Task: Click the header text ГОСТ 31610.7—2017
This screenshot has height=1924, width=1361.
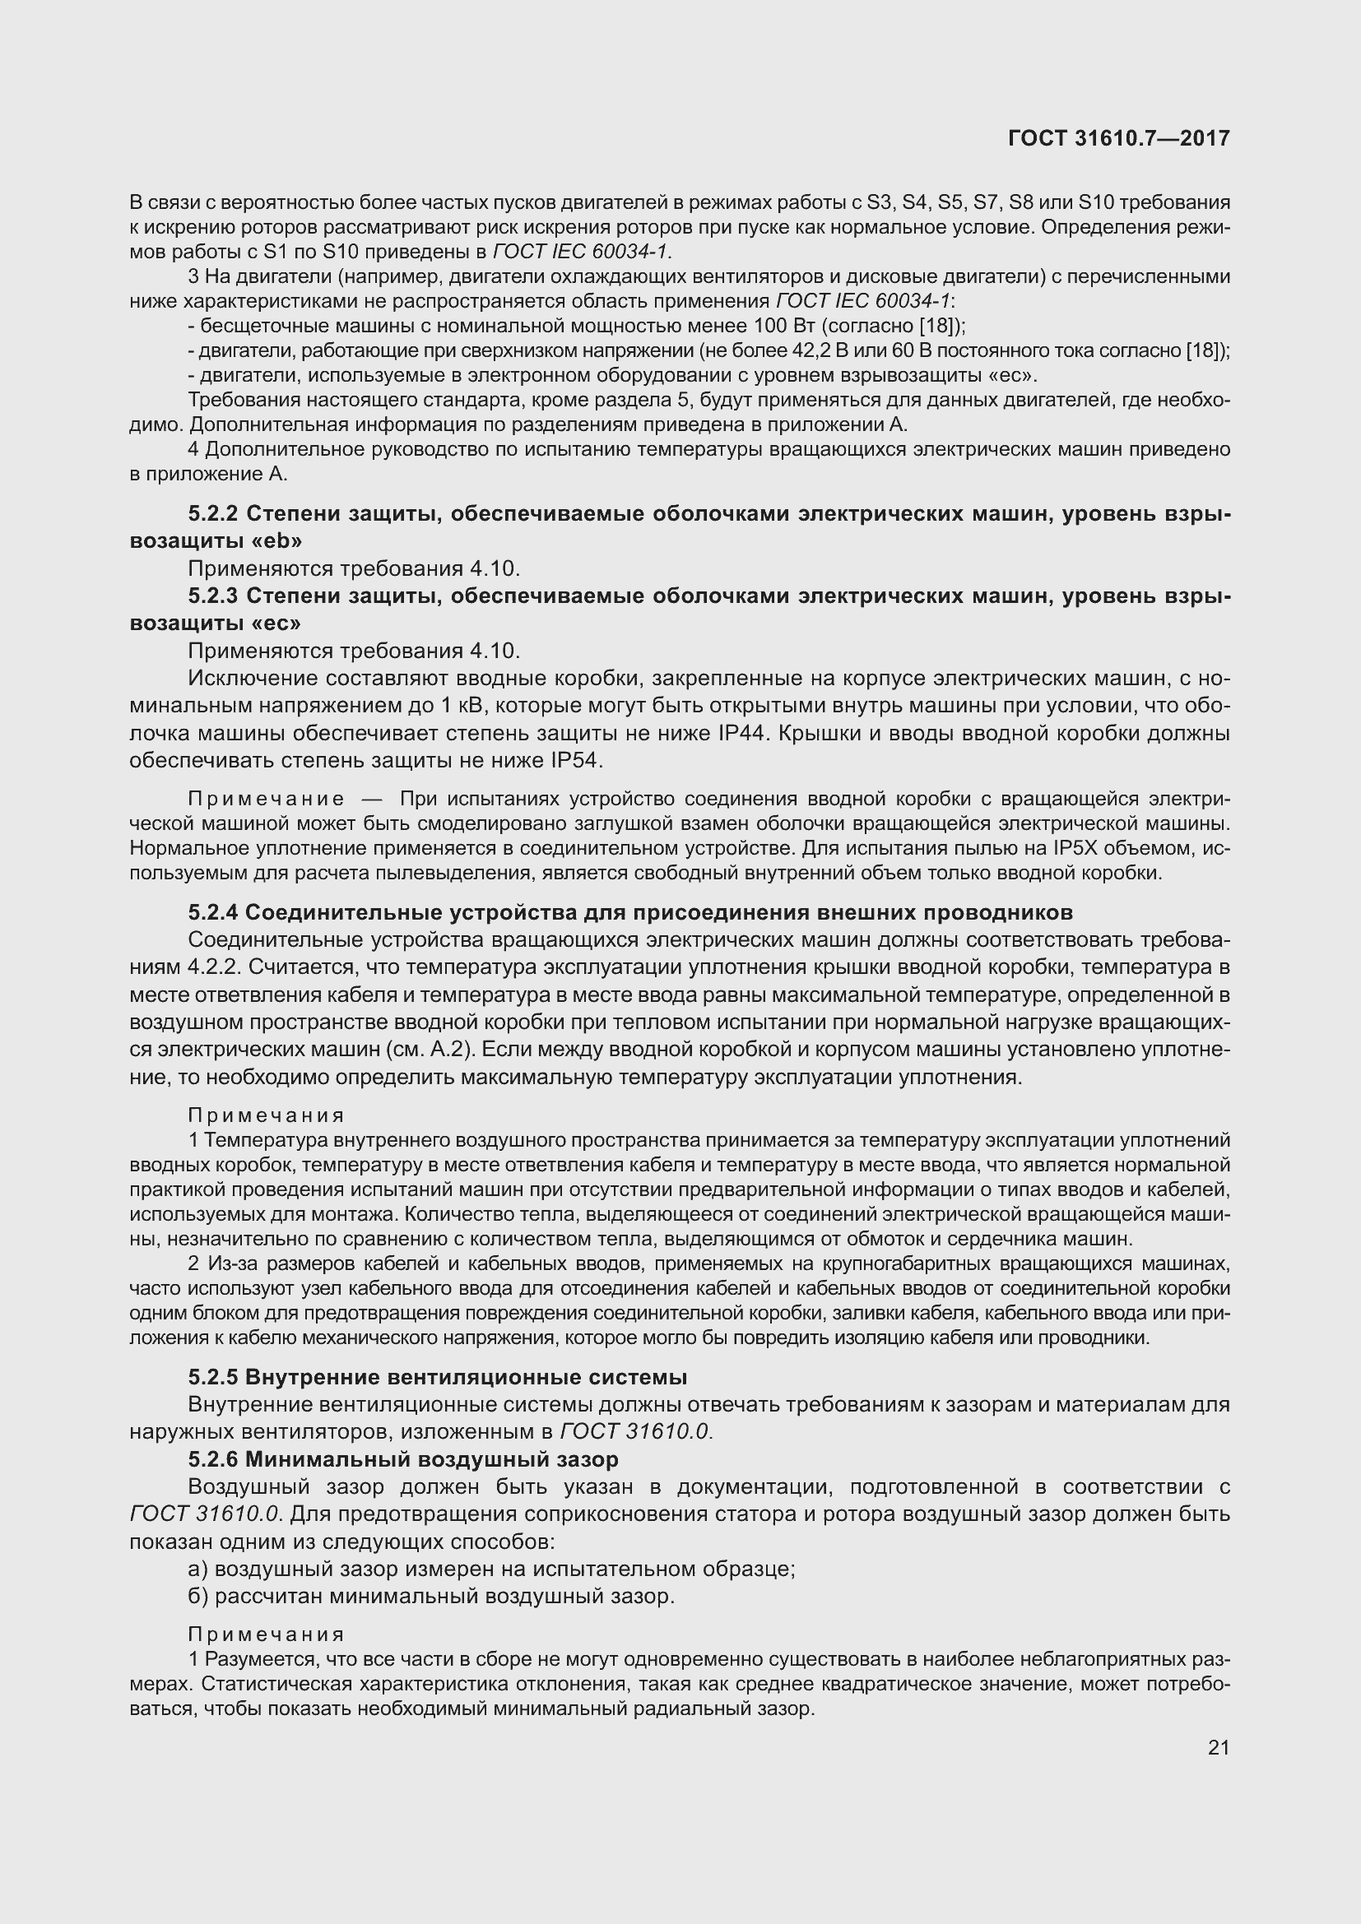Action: point(1119,138)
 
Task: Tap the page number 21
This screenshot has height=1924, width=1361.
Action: point(1219,1747)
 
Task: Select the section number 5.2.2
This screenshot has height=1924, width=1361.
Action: point(213,512)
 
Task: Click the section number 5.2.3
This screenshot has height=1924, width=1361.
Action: point(213,596)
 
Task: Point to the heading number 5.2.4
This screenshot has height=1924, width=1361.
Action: point(213,911)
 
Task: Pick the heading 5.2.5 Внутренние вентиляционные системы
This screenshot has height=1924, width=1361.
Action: point(438,1377)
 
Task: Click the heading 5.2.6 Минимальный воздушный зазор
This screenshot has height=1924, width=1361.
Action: point(403,1459)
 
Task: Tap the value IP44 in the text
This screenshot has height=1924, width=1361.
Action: point(743,733)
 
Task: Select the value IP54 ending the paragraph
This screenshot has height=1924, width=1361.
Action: point(576,761)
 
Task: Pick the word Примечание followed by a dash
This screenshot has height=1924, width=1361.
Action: point(266,799)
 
